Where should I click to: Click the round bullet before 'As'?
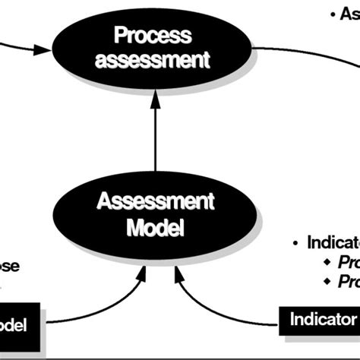click(x=333, y=14)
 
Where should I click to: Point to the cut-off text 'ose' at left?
click(x=9, y=267)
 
